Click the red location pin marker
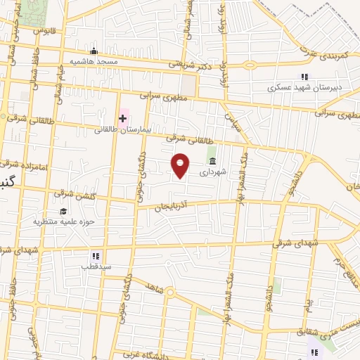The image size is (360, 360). [181, 165]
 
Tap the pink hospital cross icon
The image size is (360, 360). [122, 117]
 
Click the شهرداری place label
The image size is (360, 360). [212, 172]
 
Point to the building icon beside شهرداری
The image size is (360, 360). [212, 162]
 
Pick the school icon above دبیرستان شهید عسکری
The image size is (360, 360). [304, 77]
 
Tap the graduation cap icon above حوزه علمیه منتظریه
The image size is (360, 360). [63, 211]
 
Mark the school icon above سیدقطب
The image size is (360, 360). [96, 256]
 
